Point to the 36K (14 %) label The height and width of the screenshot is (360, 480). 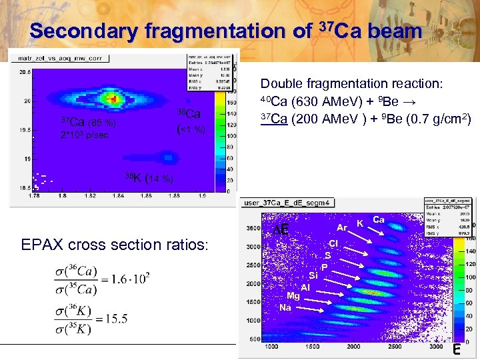coord(149,178)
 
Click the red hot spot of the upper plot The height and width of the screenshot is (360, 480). coord(114,99)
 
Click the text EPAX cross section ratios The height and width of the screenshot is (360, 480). coord(115,245)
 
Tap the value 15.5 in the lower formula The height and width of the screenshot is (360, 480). coord(115,319)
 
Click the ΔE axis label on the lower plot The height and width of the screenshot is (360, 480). coord(281,230)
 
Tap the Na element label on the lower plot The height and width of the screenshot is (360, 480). coord(285,307)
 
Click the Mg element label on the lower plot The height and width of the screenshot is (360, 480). coord(293,297)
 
